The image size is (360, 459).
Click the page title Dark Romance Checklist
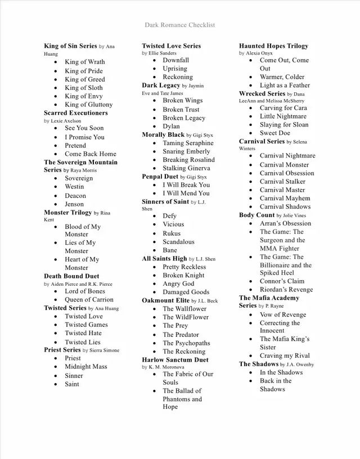(179, 25)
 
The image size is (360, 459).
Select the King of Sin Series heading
(70, 46)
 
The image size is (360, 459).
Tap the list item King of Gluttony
(88, 105)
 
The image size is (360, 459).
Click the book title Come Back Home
(90, 154)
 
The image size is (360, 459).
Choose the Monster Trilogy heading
(67, 213)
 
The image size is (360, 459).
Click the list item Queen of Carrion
(89, 300)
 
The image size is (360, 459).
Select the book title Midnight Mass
(85, 367)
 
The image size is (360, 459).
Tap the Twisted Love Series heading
(171, 46)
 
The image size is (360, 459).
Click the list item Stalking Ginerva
(186, 168)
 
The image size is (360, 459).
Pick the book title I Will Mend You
(186, 193)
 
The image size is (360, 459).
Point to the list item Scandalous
(178, 242)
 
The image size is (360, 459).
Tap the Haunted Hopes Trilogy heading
(273, 46)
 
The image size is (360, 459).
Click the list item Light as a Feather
(285, 85)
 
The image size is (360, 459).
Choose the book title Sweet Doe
(275, 133)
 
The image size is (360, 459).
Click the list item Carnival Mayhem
(285, 199)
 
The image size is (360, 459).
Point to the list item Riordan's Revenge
(286, 290)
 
